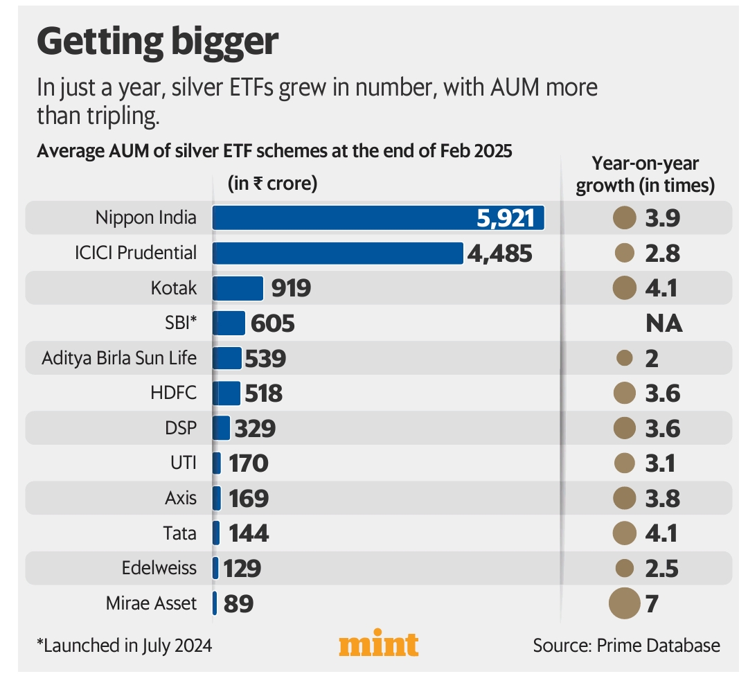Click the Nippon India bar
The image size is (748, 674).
point(378,218)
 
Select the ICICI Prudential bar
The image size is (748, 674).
point(337,253)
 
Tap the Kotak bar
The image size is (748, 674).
point(238,288)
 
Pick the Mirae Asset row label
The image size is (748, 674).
point(151,603)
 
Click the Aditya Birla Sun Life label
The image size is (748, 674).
point(119,358)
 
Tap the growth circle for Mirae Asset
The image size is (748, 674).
point(624,603)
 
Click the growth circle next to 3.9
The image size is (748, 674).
point(625,218)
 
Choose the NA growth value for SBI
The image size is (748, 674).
point(664,323)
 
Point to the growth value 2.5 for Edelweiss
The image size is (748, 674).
point(661,568)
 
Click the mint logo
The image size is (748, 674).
point(378,644)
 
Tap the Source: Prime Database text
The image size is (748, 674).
point(626,646)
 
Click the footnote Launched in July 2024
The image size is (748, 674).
point(124,646)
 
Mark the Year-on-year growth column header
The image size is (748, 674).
point(645,175)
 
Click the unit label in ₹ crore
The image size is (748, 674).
point(272,184)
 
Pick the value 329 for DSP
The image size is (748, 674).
point(255,428)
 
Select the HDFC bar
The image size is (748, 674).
point(226,393)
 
